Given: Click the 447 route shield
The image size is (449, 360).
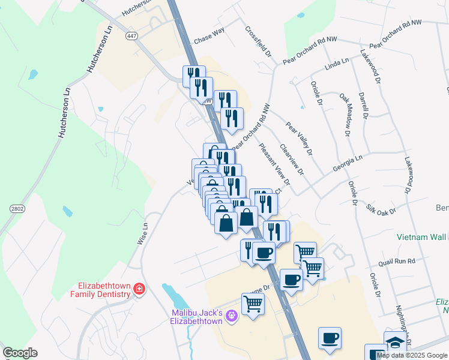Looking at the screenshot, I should (x=131, y=36).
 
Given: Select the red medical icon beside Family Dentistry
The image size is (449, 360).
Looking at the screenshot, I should (x=139, y=290).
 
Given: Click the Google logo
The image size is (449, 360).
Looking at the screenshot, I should (x=20, y=353).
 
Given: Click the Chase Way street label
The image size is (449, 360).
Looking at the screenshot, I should (x=209, y=38).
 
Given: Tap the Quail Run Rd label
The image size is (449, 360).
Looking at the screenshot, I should (x=397, y=262).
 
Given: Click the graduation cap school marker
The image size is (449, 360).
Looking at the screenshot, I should (x=394, y=342).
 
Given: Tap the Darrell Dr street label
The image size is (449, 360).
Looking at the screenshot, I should (x=363, y=106).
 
